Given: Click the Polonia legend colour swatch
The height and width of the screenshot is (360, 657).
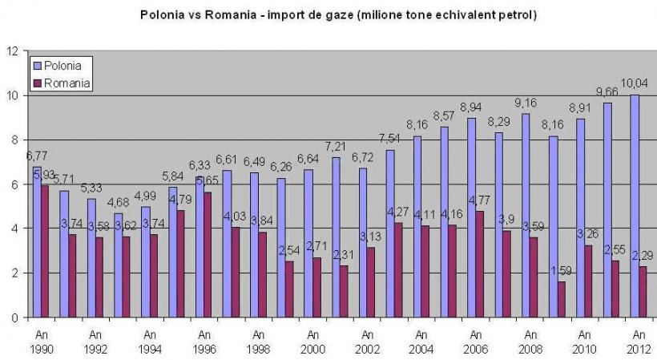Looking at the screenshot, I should click(36, 65).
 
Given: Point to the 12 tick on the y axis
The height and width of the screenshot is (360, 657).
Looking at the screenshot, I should click(12, 51).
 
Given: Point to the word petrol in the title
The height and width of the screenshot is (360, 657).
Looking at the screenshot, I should click(511, 15).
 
